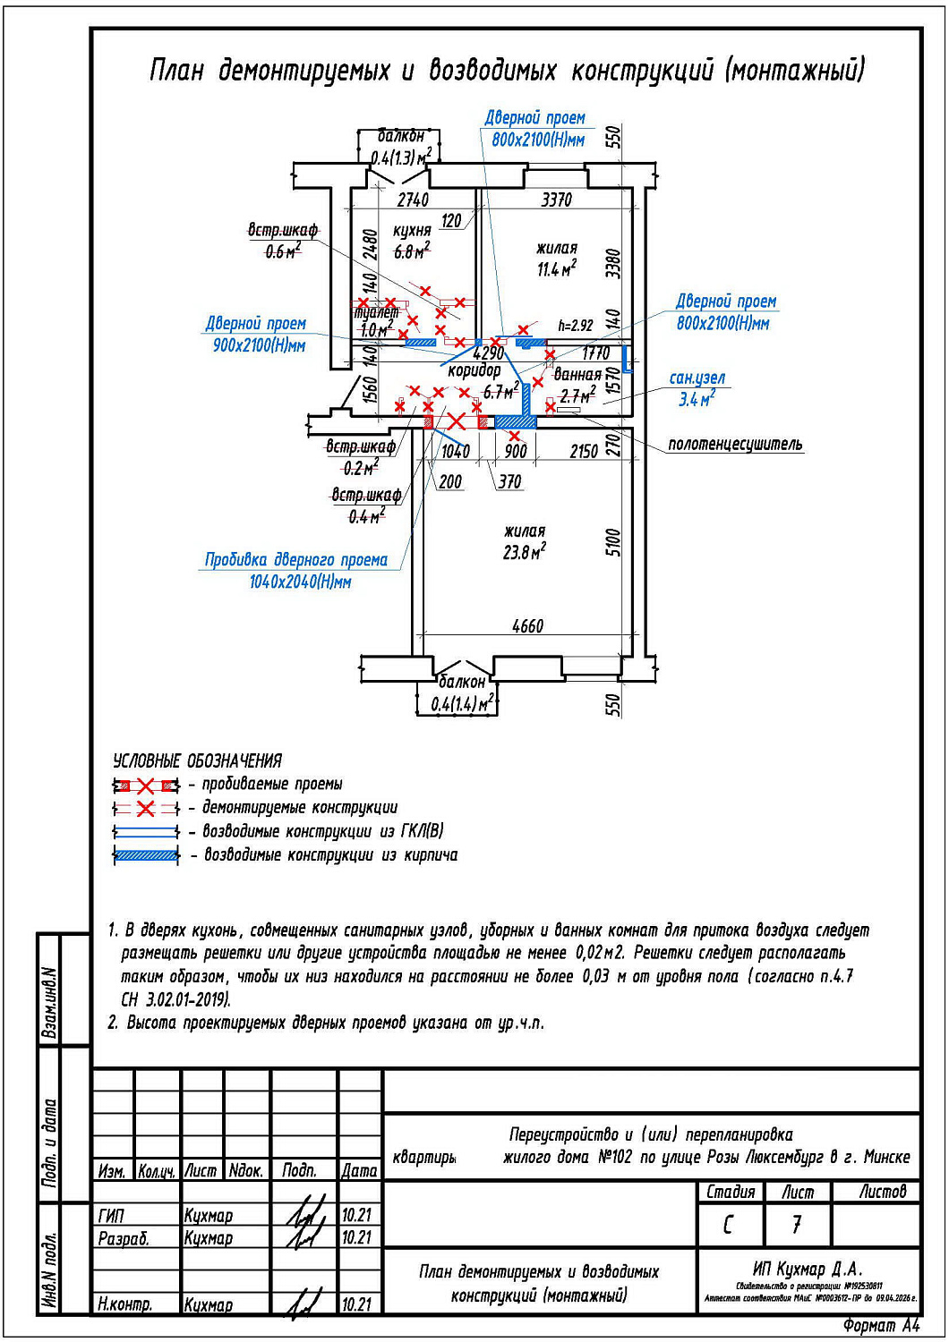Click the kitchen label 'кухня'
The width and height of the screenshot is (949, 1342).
click(412, 231)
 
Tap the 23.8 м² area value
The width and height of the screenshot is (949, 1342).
click(524, 553)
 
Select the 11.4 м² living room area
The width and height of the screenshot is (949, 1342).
click(556, 268)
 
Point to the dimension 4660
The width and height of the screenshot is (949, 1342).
click(527, 626)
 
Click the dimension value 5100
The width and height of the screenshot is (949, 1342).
click(613, 542)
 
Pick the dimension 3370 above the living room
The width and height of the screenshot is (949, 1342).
click(556, 200)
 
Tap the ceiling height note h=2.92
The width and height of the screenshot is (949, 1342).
click(575, 326)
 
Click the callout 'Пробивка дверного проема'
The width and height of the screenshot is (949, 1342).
click(296, 560)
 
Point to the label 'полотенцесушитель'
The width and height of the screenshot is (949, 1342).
click(735, 445)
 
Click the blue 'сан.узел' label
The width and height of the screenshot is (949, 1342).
click(697, 378)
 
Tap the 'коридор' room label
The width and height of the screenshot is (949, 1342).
click(474, 370)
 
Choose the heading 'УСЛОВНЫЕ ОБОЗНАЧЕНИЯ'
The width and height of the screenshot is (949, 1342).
click(197, 761)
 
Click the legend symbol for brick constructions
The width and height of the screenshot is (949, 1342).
click(146, 855)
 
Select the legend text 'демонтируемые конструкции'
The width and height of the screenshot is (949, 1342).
click(300, 808)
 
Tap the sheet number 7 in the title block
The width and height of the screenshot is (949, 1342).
click(796, 1224)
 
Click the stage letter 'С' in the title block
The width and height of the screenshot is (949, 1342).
click(729, 1224)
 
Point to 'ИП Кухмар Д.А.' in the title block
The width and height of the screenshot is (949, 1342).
click(808, 1269)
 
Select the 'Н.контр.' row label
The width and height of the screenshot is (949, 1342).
click(124, 1304)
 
